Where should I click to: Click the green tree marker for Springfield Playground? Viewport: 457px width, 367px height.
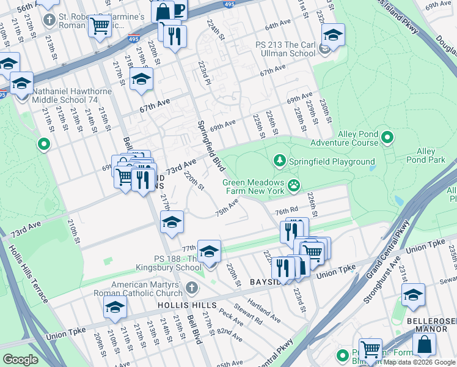click(x=280, y=161)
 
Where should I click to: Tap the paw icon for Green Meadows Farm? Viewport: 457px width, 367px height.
click(x=294, y=184)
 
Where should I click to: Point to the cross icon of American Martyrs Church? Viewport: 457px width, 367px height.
click(x=192, y=288)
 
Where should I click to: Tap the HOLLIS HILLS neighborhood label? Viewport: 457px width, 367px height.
click(x=186, y=305)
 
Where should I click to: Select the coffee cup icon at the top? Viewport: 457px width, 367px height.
click(x=178, y=9)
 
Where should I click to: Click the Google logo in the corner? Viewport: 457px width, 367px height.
click(x=20, y=360)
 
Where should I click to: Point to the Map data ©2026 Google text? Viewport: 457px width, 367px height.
click(x=419, y=362)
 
